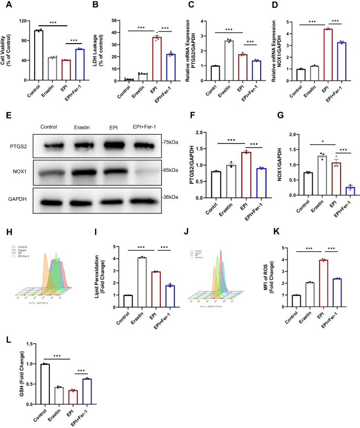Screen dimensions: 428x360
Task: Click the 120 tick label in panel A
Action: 23,22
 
